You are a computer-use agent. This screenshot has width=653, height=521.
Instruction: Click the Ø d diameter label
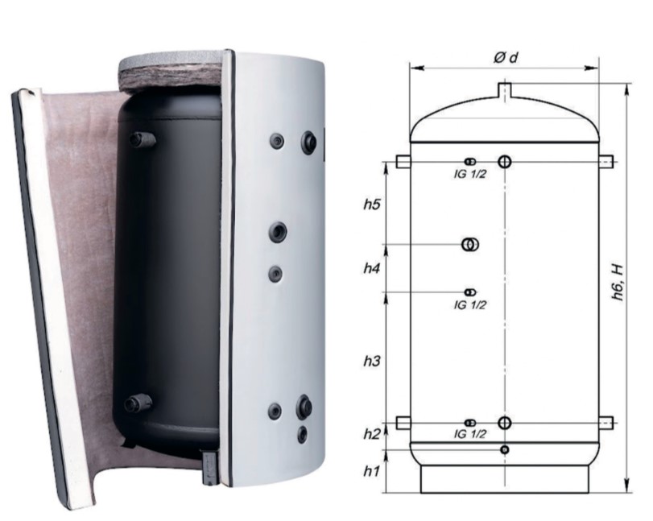[x=505, y=57]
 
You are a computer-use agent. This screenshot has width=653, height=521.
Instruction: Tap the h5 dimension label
[x=371, y=205]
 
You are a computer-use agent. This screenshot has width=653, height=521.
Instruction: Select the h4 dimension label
[x=371, y=268]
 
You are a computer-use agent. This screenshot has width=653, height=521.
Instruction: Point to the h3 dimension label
[x=371, y=361]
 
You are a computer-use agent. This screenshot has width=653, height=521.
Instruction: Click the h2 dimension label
[x=371, y=434]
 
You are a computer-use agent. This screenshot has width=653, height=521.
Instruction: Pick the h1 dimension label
[x=371, y=471]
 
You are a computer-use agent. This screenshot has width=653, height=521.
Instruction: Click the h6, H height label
[x=618, y=282]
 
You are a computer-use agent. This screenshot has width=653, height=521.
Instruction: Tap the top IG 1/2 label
[x=469, y=174]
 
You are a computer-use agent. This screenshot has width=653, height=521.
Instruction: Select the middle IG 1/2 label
[x=469, y=305]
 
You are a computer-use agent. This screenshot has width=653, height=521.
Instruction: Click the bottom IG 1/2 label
[x=469, y=434]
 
